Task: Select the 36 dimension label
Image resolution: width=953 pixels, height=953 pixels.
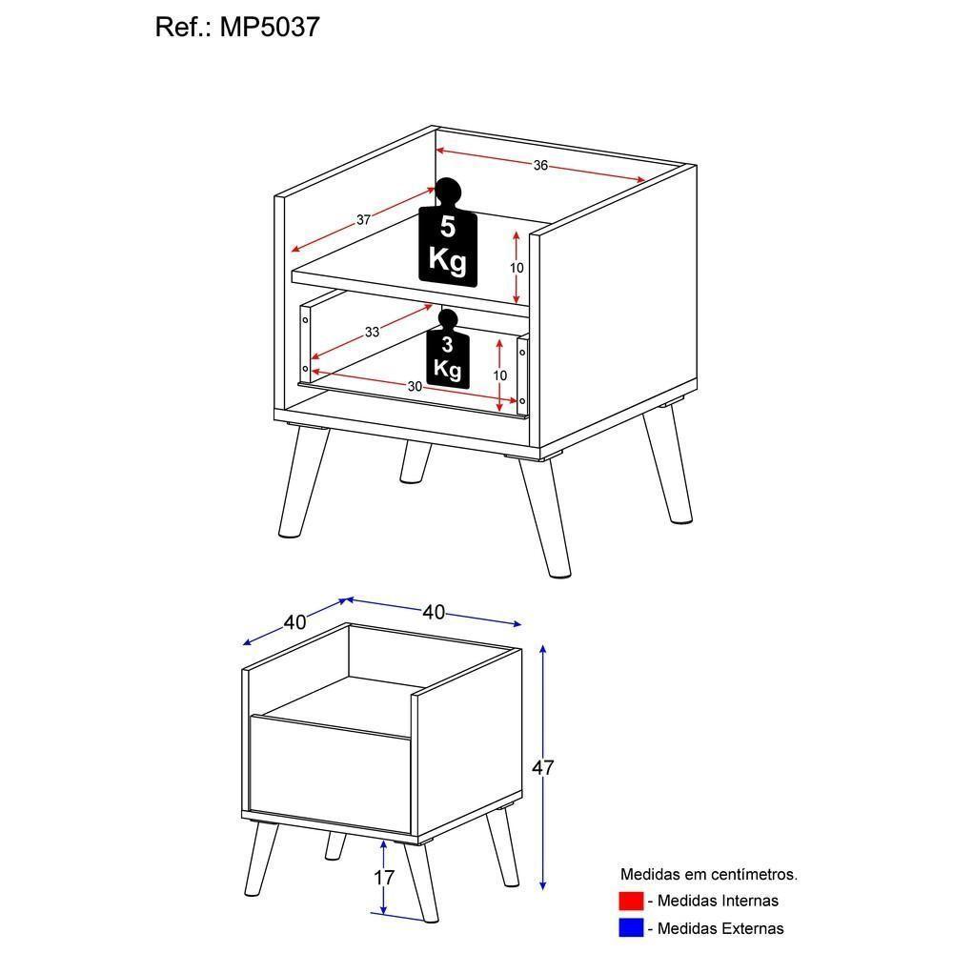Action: tap(540, 165)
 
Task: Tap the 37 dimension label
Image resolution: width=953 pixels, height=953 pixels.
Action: tap(363, 220)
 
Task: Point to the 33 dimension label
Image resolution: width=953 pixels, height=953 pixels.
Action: tap(372, 333)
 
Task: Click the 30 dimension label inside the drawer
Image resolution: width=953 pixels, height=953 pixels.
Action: tap(415, 386)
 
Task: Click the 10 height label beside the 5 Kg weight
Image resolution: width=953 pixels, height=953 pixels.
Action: tap(516, 268)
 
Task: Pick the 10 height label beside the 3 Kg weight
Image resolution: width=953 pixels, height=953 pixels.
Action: tap(499, 375)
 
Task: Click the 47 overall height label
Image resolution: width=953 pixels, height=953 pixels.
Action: tap(542, 767)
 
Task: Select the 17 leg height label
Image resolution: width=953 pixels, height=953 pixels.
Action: tap(383, 878)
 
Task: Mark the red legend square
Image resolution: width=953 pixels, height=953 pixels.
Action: tap(631, 901)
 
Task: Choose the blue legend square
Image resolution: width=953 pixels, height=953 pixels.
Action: tap(631, 927)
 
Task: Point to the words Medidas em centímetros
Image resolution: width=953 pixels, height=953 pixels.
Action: tap(709, 874)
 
